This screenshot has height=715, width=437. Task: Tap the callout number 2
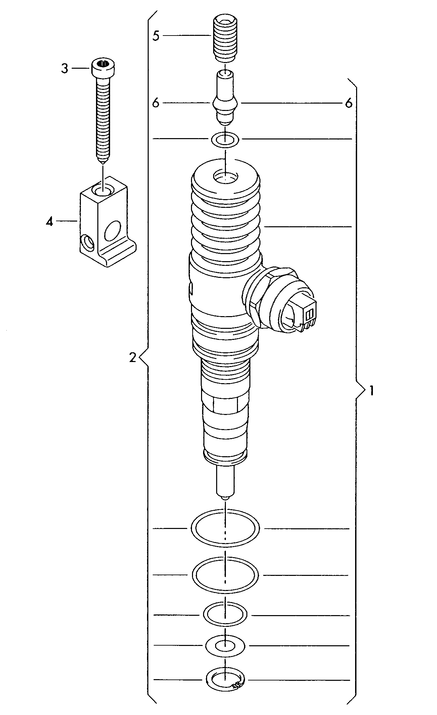(x=133, y=358)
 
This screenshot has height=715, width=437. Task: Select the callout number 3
(x=64, y=68)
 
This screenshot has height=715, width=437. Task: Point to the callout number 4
(x=50, y=221)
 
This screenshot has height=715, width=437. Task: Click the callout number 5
(x=156, y=36)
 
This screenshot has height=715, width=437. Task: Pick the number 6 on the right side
(x=349, y=103)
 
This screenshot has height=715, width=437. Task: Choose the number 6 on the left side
(x=155, y=103)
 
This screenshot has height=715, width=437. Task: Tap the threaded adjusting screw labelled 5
(x=225, y=40)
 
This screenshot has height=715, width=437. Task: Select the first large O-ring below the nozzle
(x=225, y=529)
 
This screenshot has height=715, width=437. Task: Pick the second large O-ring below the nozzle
(x=225, y=575)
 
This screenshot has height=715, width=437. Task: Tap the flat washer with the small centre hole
(x=225, y=646)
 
